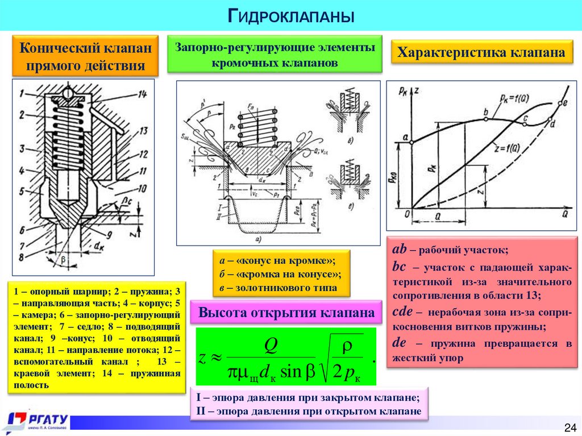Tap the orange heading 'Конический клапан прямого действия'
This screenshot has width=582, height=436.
point(86,57)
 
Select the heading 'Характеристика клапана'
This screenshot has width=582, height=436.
point(481,53)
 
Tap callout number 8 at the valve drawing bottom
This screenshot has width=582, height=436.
point(21,257)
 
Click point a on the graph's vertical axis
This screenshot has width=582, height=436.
point(405,136)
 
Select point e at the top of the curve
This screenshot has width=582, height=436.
point(564,103)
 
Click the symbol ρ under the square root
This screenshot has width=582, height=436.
point(346,346)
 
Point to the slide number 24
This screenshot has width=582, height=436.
point(569,427)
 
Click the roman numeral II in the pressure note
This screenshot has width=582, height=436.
point(201,411)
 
